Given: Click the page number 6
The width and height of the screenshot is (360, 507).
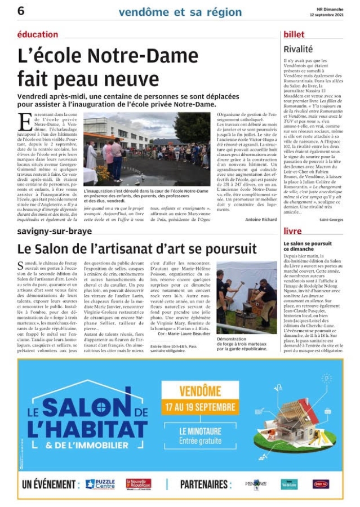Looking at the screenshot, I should [x=21, y=11].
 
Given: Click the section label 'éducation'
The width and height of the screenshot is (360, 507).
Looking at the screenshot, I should [x=38, y=34].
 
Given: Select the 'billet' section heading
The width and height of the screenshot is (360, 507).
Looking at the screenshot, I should [x=294, y=34].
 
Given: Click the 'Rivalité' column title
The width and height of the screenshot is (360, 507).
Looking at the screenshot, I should [x=298, y=49].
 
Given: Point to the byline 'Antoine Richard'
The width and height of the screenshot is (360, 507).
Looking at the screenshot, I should [x=261, y=219].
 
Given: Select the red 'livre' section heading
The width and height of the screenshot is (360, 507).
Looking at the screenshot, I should [x=292, y=231].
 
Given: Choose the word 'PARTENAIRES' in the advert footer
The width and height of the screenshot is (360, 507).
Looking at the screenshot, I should [x=205, y=484].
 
